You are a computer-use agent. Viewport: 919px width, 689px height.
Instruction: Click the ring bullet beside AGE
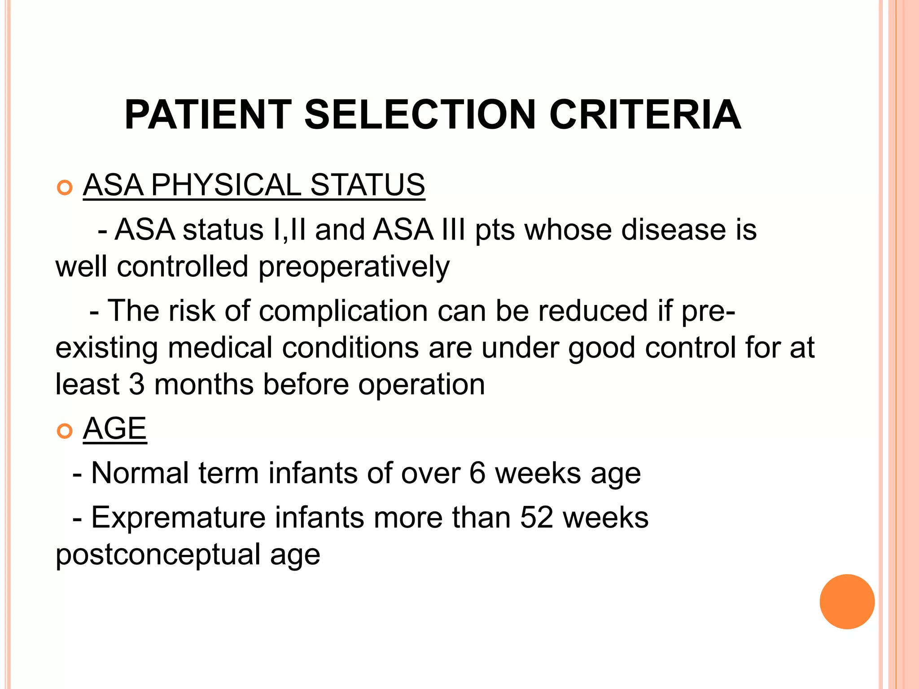click(x=65, y=431)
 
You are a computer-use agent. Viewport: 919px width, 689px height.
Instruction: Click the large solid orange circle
click(x=847, y=602)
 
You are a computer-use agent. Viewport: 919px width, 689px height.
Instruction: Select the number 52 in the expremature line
click(x=537, y=518)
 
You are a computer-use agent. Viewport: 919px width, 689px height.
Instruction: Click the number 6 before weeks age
click(x=477, y=473)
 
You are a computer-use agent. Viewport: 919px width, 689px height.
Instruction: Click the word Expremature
click(x=178, y=518)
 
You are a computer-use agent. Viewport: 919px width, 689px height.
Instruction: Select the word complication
click(x=343, y=311)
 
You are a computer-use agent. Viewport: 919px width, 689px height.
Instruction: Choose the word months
click(x=204, y=384)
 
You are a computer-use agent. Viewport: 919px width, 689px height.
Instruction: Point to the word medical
click(x=220, y=348)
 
